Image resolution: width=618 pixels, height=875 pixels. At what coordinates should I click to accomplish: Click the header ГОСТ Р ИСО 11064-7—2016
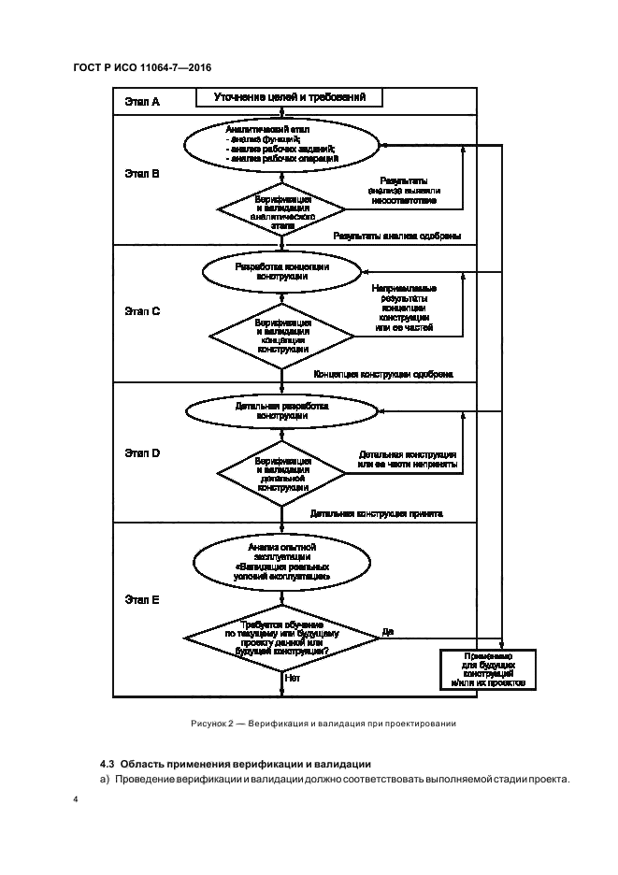click(141, 66)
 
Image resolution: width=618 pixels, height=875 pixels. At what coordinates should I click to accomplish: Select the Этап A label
click(142, 100)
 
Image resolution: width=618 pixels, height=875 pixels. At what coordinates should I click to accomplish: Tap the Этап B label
click(142, 174)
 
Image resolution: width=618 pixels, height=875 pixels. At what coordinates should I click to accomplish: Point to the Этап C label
click(142, 311)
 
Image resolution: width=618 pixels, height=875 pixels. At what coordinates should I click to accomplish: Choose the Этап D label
click(142, 452)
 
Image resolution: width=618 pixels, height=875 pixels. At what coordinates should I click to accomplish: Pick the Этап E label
click(142, 599)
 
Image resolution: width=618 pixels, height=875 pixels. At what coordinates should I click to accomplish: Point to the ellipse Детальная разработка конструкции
click(281, 411)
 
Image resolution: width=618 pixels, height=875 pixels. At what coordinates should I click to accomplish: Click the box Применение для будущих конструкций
click(487, 669)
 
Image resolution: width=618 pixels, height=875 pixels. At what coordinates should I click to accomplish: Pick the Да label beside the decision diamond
click(387, 632)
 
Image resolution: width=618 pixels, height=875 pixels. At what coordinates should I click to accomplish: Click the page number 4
click(74, 800)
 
